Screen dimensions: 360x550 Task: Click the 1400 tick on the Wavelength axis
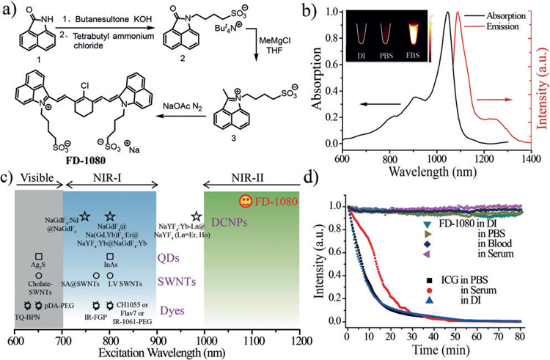(532, 157)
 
